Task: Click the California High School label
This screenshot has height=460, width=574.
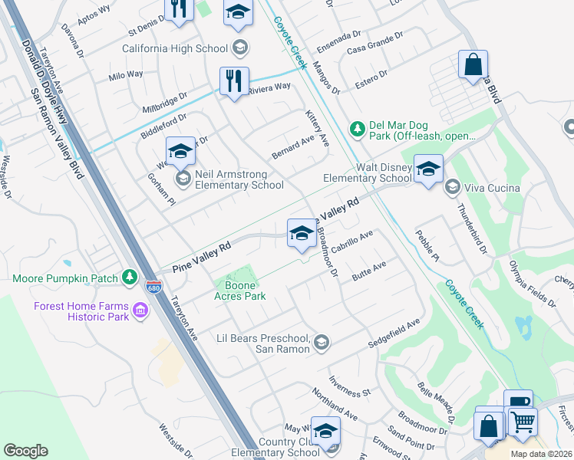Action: click(175, 48)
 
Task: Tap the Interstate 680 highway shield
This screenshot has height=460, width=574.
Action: click(153, 285)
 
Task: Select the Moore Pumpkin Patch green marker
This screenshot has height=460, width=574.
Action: click(130, 277)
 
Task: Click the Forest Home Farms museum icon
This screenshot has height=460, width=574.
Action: click(140, 310)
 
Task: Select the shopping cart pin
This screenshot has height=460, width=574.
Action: click(522, 420)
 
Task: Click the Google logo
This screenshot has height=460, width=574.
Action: click(26, 451)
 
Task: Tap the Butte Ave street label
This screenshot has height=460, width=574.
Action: click(368, 274)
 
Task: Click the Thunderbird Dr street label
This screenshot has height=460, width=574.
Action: click(473, 229)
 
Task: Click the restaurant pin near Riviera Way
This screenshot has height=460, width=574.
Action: click(234, 80)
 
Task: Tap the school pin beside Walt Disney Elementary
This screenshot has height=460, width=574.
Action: click(428, 168)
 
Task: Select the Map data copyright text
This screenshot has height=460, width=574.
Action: click(541, 454)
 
